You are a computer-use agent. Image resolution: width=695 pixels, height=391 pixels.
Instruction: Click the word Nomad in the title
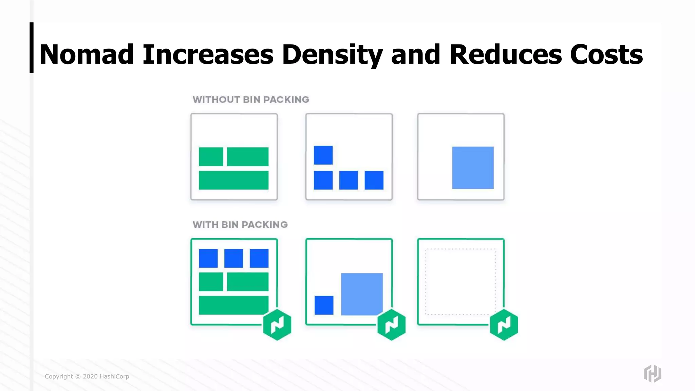[87, 54]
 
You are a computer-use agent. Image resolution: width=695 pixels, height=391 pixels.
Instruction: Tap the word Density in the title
[332, 54]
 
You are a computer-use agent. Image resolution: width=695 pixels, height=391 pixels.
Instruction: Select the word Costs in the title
[606, 54]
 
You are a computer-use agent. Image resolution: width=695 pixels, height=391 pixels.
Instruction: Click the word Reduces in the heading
[505, 54]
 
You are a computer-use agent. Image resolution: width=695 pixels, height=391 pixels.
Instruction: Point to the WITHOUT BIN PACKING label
[251, 99]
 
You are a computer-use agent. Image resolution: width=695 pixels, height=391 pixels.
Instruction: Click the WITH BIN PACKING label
[240, 225]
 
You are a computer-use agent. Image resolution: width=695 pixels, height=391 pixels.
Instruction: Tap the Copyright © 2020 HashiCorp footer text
[87, 376]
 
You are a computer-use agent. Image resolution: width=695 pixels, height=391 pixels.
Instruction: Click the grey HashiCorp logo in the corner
[652, 373]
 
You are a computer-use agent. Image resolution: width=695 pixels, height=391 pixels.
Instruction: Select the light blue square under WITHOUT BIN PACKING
[473, 167]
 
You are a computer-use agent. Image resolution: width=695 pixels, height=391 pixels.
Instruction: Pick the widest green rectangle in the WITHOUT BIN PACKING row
[233, 180]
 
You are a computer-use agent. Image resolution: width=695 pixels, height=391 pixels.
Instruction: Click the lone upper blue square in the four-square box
[323, 155]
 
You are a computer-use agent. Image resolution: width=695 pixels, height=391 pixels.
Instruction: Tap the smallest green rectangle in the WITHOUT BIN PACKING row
[211, 156]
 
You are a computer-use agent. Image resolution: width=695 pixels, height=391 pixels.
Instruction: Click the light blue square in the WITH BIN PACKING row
[362, 294]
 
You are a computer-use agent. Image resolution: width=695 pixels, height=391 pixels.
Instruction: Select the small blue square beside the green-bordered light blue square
[324, 305]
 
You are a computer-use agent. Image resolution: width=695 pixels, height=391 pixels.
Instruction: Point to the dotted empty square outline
[460, 282]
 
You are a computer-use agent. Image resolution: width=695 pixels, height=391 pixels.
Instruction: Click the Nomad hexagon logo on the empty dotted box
[504, 324]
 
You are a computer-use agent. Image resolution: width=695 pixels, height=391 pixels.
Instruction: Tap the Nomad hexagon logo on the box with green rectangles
[277, 324]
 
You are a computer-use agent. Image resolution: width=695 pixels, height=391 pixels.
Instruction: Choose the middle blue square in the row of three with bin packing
[233, 258]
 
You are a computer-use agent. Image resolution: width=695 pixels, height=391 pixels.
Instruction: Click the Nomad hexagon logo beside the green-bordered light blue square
[391, 324]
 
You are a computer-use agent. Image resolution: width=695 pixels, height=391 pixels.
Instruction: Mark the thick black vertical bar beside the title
[32, 48]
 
